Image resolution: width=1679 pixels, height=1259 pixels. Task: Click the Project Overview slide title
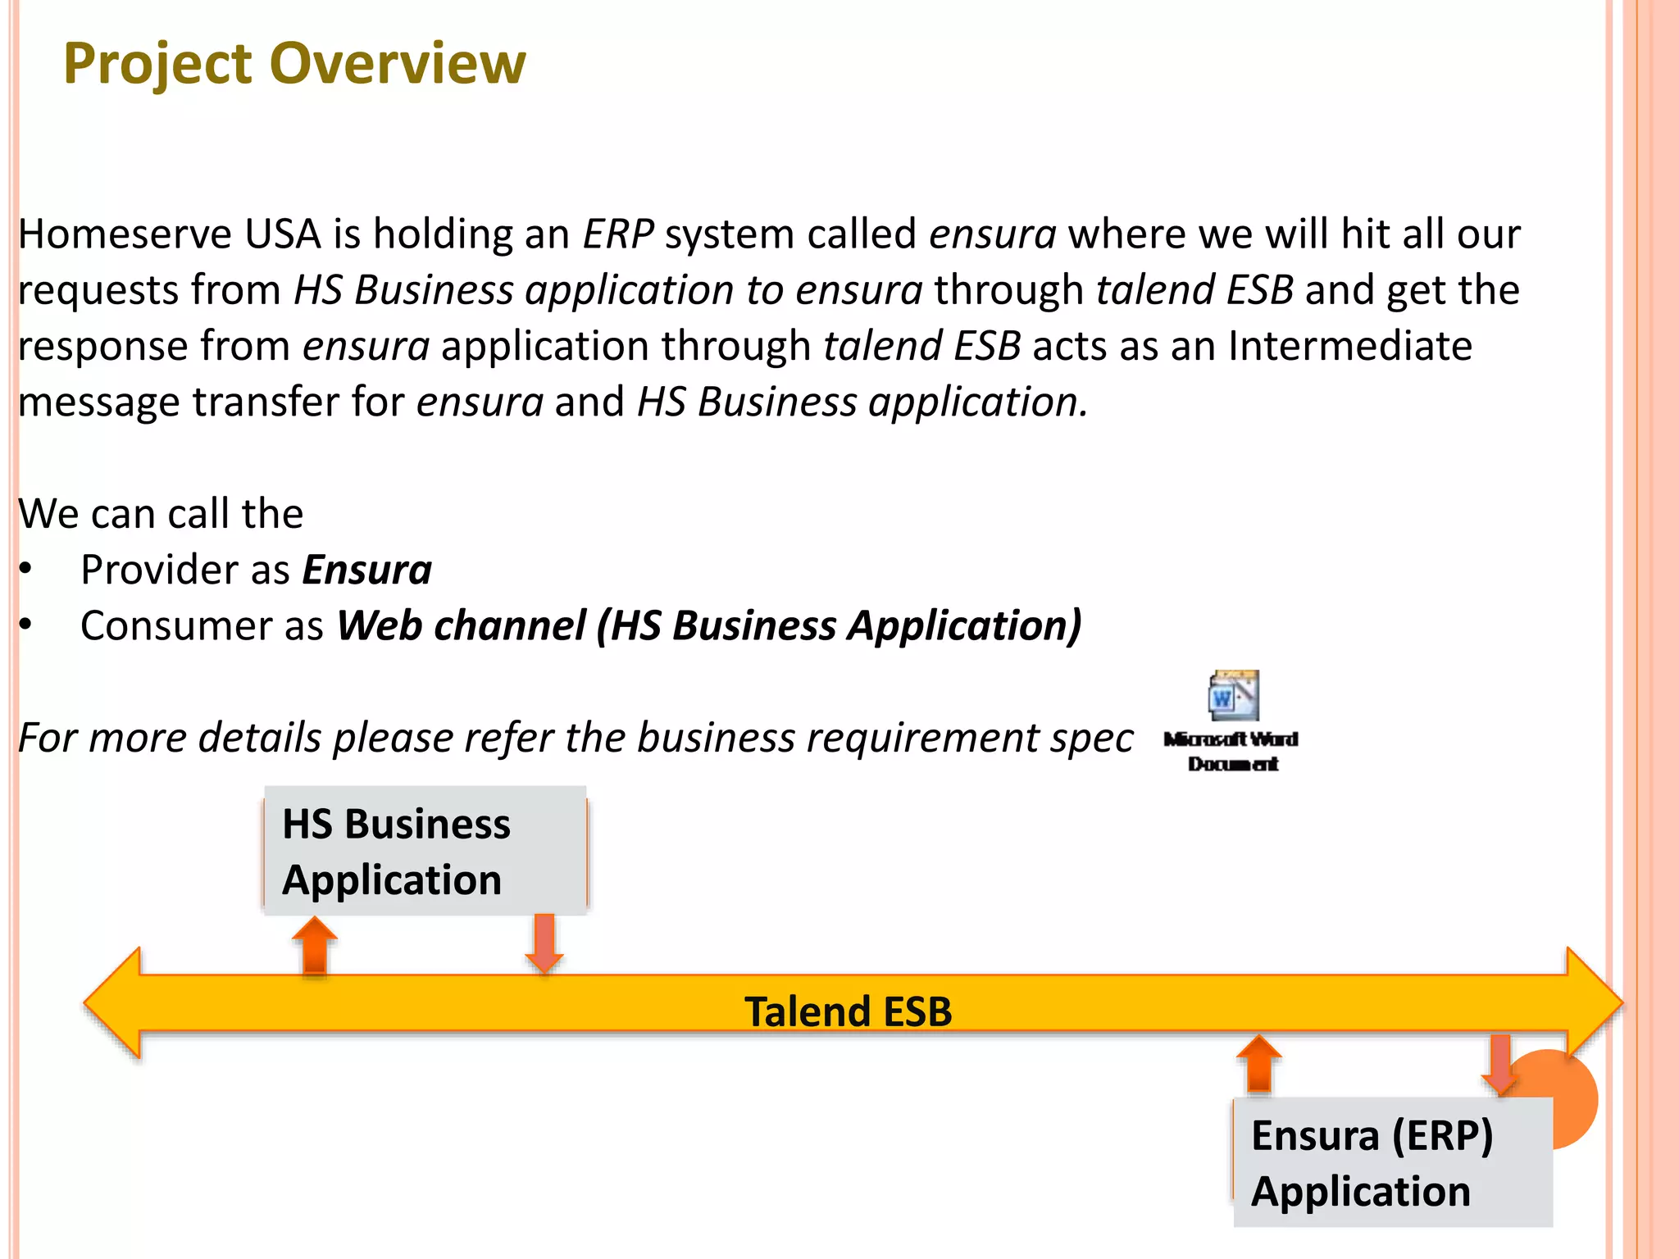coord(294,63)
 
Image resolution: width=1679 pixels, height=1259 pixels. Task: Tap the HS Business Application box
coord(425,851)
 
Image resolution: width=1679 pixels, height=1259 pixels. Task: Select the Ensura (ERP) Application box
coord(1392,1162)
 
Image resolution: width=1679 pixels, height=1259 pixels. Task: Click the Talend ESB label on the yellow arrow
coord(848,1011)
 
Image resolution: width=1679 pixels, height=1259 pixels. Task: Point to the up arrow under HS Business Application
coord(315,945)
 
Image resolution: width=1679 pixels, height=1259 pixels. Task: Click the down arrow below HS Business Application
coord(544,943)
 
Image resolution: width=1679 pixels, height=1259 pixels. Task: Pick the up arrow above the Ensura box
coord(1258,1064)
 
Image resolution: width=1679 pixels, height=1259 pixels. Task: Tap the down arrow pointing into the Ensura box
coord(1500,1064)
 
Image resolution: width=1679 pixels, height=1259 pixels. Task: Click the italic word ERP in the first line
coord(617,234)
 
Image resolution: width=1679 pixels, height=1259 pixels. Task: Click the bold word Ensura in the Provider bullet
coord(366,570)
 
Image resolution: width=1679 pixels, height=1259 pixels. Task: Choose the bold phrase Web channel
coord(462,626)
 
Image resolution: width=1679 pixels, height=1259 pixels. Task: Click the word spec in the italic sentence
coord(1092,738)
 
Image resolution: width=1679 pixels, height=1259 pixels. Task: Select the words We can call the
coord(161,514)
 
